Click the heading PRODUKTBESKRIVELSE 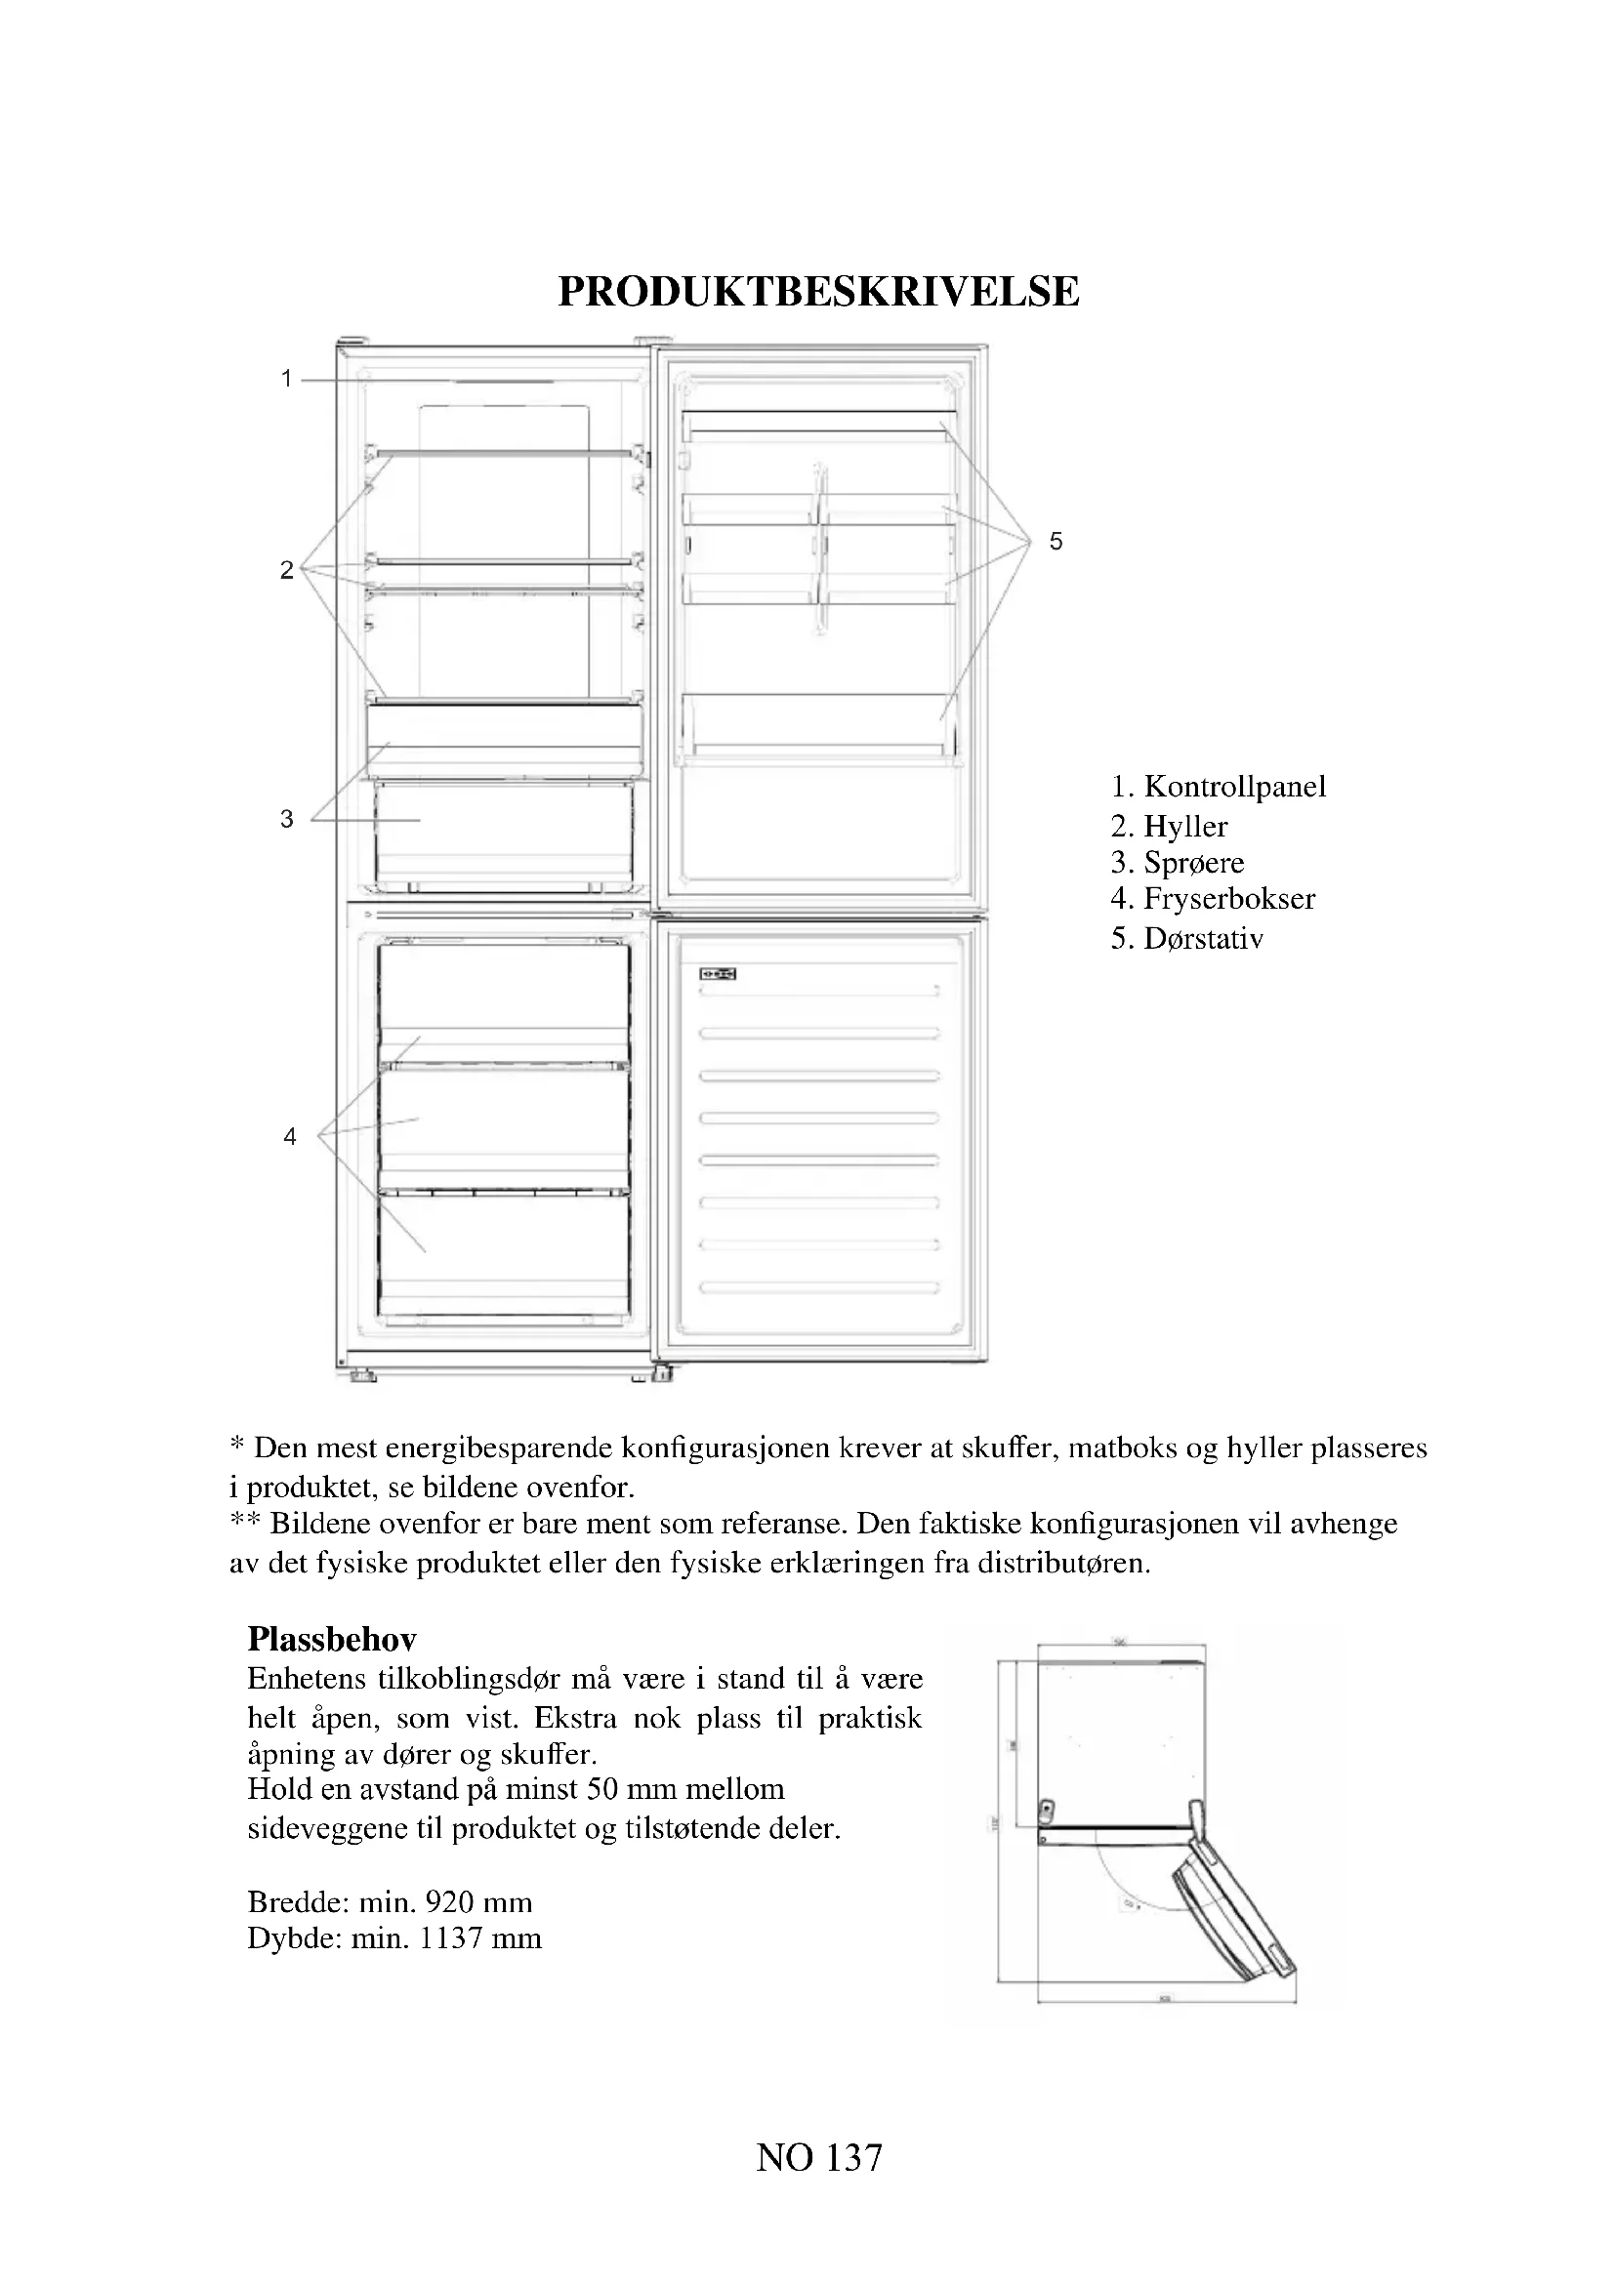pos(817,291)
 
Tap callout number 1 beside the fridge pos(286,379)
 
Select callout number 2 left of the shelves pos(286,570)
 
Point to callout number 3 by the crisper pos(286,819)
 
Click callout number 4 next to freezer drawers pos(289,1136)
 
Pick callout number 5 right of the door pos(1056,542)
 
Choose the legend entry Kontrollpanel pos(1234,787)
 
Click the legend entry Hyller pos(1185,827)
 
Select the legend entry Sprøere pos(1193,862)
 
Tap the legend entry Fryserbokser pos(1229,899)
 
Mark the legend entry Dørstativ pos(1202,939)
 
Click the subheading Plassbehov pos(331,1639)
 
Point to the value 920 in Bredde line pos(448,1902)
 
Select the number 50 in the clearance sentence pos(602,1789)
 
